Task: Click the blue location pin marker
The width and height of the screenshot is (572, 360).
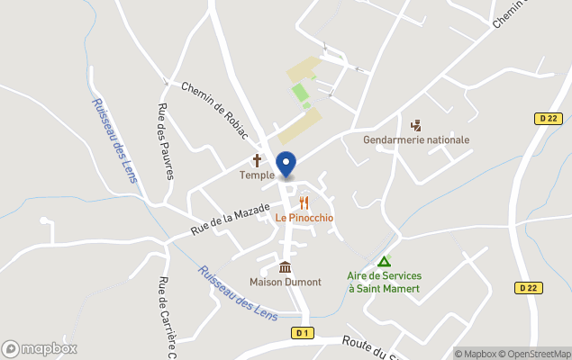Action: [x=286, y=165]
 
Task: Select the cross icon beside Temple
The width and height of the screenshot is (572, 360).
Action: [x=257, y=159]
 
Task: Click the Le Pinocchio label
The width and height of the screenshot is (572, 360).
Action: [x=304, y=218]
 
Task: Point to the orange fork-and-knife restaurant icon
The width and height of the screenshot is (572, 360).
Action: [x=304, y=202]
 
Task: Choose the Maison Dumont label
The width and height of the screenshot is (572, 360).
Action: [x=286, y=282]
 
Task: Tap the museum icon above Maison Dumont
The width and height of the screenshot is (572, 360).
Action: [x=286, y=267]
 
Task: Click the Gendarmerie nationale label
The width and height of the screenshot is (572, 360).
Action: [x=416, y=140]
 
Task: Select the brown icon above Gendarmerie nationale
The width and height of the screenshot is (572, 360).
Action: [x=416, y=125]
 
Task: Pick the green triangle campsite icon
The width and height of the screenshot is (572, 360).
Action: [x=384, y=261]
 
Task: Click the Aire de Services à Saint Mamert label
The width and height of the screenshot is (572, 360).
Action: [x=384, y=282]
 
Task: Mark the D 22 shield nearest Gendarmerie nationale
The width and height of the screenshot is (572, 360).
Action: [x=547, y=118]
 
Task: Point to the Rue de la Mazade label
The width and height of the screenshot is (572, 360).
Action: [x=232, y=220]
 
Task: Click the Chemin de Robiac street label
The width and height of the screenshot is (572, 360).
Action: [x=214, y=111]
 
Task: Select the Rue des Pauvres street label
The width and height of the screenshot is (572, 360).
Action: [x=165, y=141]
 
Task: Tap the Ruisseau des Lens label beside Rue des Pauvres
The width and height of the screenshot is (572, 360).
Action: [x=114, y=140]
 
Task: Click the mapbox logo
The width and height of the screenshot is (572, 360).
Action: [x=40, y=348]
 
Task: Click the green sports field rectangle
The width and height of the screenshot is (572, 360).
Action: [x=300, y=92]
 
